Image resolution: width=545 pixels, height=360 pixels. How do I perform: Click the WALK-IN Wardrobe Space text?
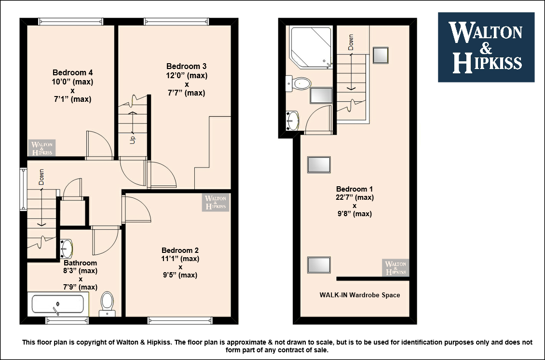tap(360, 295)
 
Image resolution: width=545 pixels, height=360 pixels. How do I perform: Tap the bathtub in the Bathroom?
tap(58, 304)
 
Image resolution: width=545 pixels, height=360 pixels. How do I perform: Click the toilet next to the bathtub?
tap(107, 304)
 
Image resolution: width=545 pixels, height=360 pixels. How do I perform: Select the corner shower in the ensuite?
tap(311, 47)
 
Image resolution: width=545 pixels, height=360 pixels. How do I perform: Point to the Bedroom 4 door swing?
tap(99, 145)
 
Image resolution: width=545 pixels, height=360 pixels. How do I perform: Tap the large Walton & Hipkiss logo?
tap(486, 47)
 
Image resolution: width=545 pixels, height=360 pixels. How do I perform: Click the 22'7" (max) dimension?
tap(354, 197)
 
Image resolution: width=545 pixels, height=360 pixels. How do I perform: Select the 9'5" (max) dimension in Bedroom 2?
tap(180, 275)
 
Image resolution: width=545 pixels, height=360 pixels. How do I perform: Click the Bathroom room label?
tap(80, 263)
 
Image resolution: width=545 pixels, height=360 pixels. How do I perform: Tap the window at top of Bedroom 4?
tap(70, 22)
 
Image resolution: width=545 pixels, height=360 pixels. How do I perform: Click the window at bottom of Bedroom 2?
tap(180, 320)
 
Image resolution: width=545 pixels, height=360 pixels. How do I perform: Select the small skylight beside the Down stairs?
tap(381, 55)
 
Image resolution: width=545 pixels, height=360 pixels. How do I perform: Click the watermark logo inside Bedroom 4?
tap(41, 148)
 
